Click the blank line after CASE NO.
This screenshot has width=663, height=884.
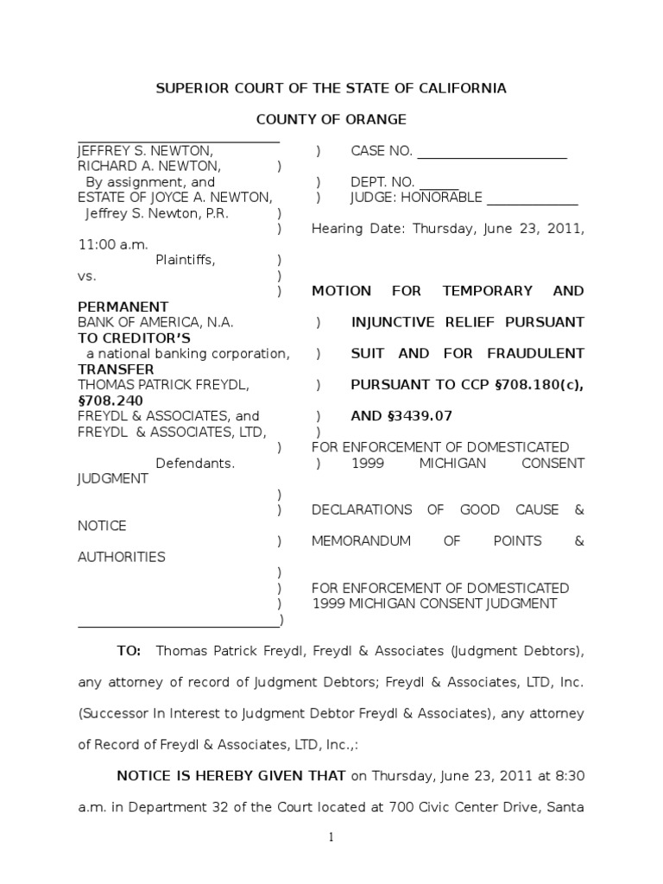point(492,153)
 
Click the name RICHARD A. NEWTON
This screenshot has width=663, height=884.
point(149,166)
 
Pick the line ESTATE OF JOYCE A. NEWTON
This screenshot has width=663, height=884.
point(175,198)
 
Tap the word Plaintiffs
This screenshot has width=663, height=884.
point(186,260)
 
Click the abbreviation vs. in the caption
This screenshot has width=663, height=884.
point(87,275)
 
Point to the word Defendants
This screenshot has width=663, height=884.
point(195,463)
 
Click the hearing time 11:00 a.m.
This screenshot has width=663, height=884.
point(113,244)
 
